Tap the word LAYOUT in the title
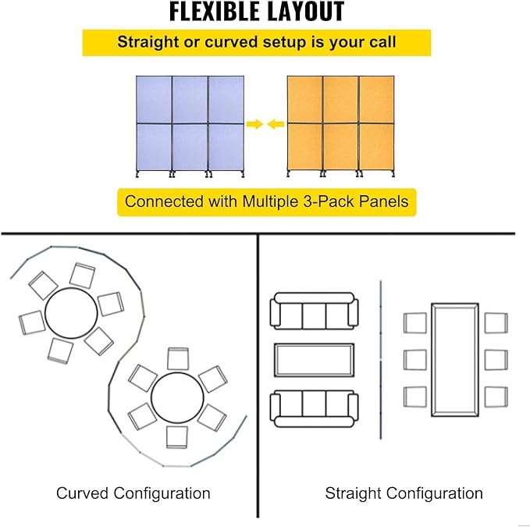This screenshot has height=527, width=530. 301,12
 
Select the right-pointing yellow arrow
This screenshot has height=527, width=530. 255,124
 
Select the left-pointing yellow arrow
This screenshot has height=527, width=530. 276,124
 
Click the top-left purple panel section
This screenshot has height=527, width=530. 154,100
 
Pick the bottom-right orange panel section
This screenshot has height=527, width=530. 376,148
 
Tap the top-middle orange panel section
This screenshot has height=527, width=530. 340,100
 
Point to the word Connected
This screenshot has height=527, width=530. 164,201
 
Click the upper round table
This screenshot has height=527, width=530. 71,313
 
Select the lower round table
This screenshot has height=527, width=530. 177,398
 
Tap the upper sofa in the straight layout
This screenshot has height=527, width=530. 314,311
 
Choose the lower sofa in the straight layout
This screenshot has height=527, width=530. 314,408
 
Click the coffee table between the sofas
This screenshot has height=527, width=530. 314,360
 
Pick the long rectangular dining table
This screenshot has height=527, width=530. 455,360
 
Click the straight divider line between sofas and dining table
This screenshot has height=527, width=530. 381,360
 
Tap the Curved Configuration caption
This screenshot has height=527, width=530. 133,493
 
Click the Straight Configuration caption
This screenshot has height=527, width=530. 404,493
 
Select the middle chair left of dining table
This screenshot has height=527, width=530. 414,360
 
